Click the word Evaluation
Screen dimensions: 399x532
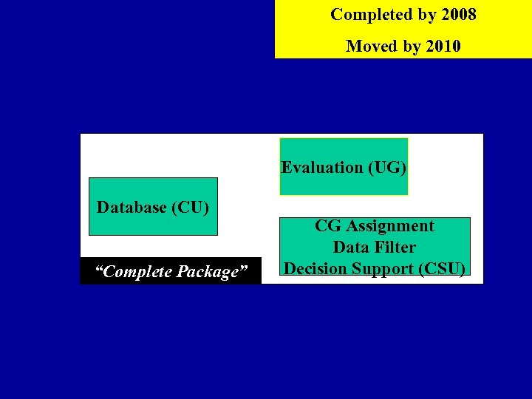click(x=321, y=168)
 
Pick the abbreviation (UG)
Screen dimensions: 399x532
click(x=387, y=168)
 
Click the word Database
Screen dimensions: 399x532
click(x=132, y=207)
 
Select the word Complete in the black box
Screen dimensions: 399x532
click(x=134, y=272)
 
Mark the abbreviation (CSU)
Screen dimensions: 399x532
click(x=442, y=269)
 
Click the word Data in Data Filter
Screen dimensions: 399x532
click(x=350, y=248)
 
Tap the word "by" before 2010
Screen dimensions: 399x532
click(x=412, y=47)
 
